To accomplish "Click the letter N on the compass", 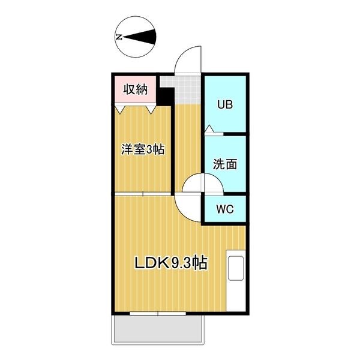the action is (119, 37).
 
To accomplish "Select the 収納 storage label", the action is (136, 89).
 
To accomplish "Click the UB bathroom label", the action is (225, 104).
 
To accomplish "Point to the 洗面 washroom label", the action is (225, 164).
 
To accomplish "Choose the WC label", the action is (225, 209).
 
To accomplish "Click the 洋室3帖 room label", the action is (143, 149).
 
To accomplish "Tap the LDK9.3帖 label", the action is (171, 263).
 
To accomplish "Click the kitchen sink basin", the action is (236, 268).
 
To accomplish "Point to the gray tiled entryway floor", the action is (184, 89).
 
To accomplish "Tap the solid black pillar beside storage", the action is (166, 96).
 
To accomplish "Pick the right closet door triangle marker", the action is (151, 110).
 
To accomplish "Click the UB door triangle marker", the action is (209, 128).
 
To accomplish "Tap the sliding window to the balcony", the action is (158, 313).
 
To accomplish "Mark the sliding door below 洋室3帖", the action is (143, 194).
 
